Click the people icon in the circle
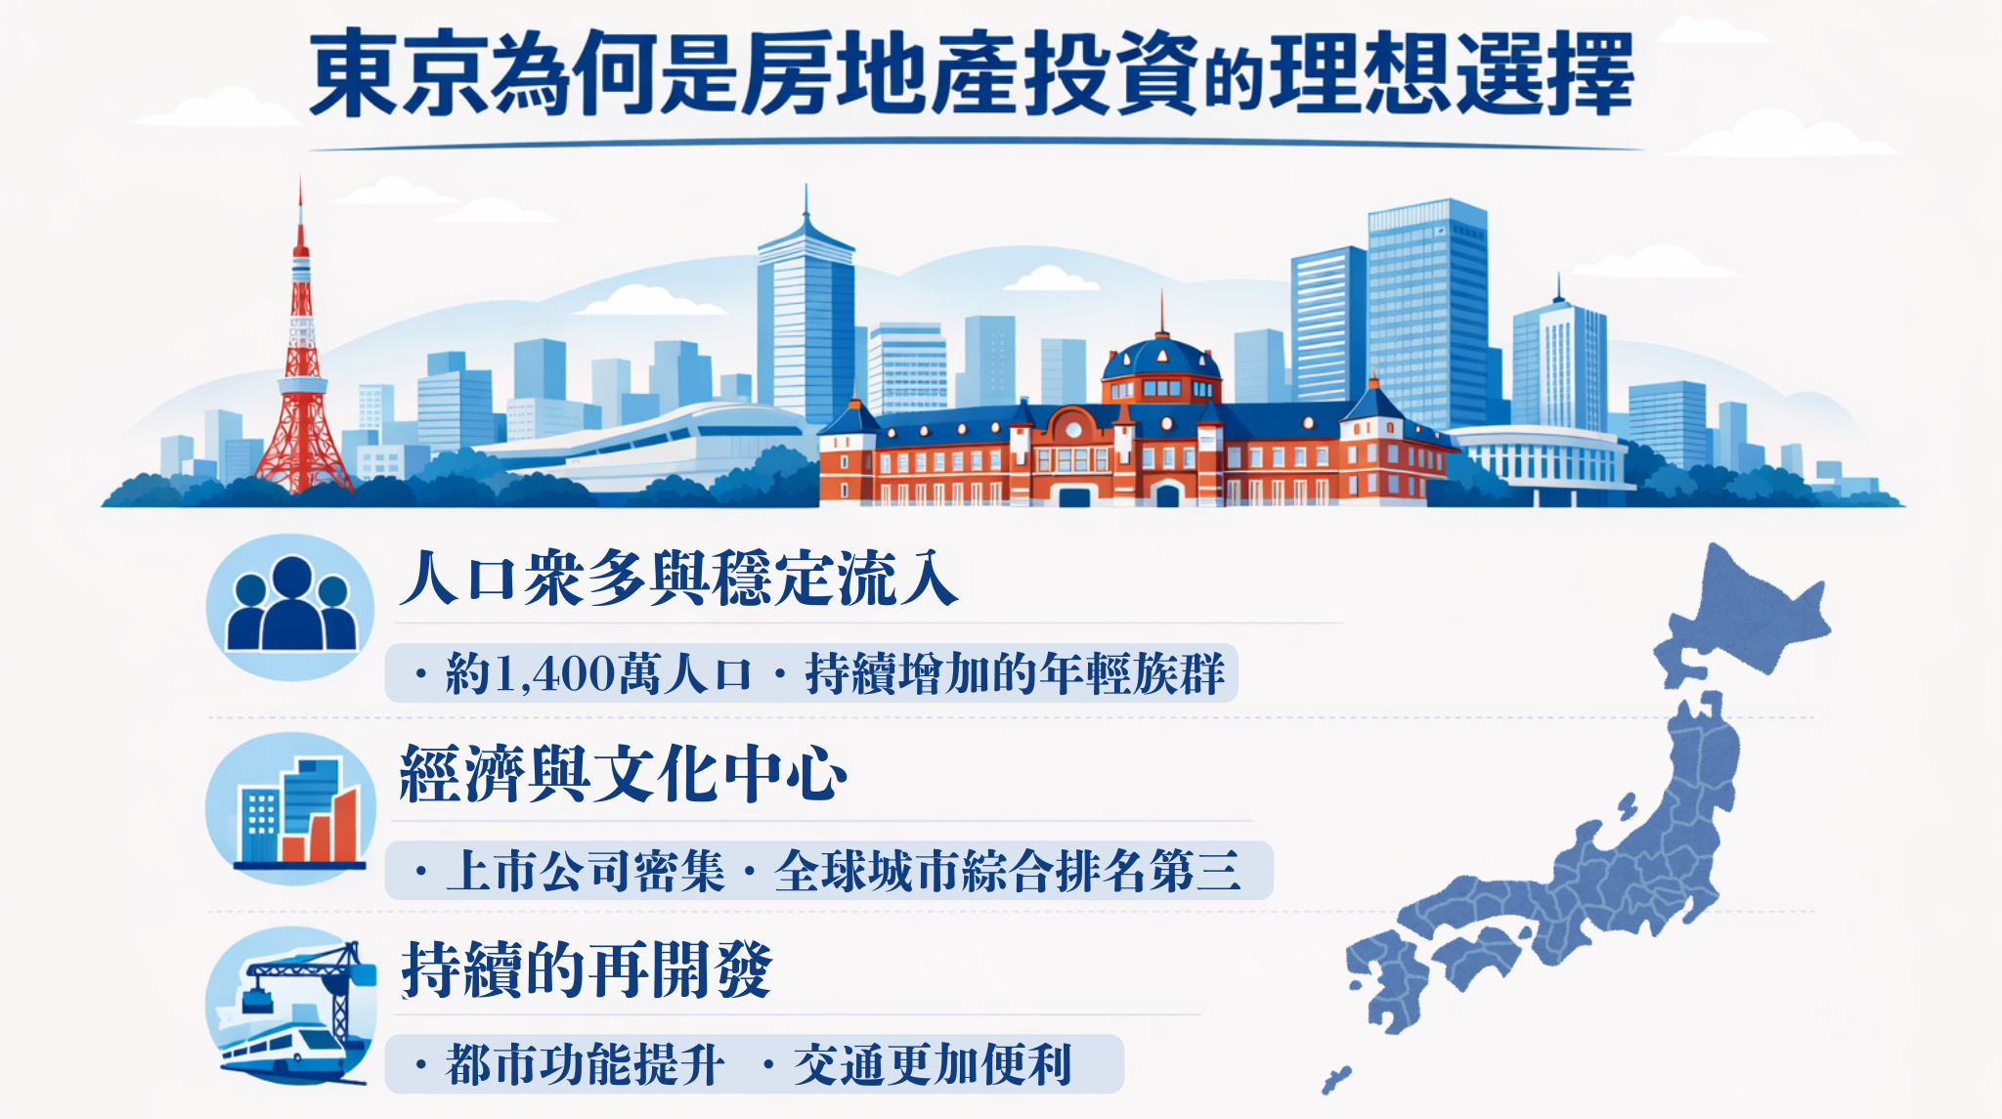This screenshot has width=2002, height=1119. click(290, 606)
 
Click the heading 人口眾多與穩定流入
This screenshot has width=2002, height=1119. click(678, 579)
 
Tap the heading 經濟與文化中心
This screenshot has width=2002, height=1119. click(623, 774)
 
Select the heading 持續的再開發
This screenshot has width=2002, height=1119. click(587, 969)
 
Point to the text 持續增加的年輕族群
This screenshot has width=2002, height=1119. click(1014, 673)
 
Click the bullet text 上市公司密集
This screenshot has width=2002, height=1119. click(585, 871)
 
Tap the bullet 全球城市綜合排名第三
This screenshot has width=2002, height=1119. click(1007, 871)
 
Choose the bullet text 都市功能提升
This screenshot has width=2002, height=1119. click(585, 1064)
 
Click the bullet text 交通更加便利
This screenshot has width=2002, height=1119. click(933, 1064)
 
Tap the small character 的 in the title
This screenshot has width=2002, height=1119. click(1234, 82)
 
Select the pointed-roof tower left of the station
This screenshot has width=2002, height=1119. click(805, 323)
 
